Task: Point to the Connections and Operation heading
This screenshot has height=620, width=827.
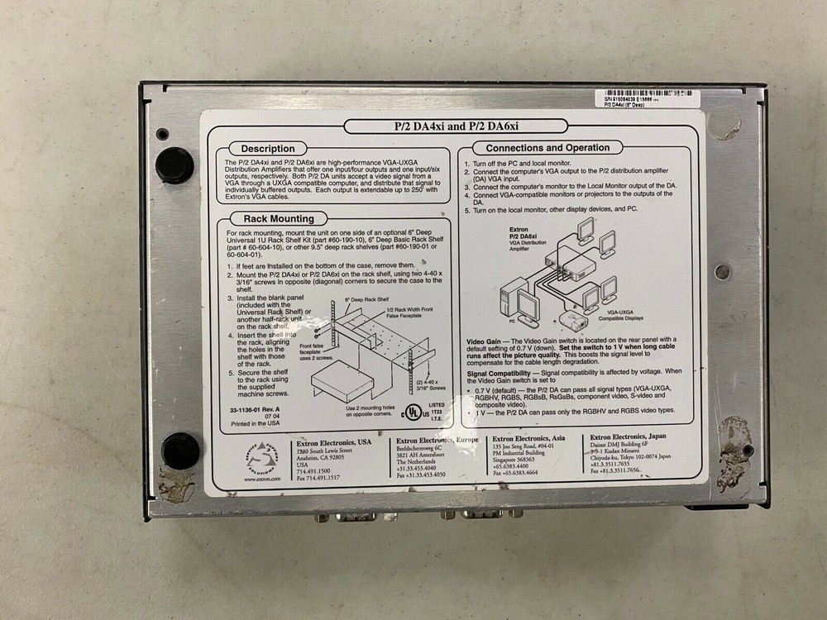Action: [547, 148]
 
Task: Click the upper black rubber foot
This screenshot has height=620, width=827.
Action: [174, 165]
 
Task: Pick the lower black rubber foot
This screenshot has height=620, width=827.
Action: [179, 450]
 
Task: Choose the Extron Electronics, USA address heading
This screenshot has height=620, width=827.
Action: [335, 443]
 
